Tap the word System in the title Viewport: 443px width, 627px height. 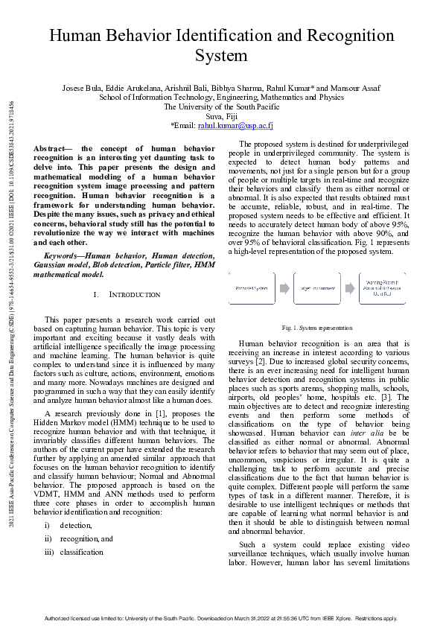click(x=221, y=56)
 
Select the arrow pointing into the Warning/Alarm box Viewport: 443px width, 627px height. click(x=352, y=287)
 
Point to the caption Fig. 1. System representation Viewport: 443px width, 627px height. click(x=317, y=328)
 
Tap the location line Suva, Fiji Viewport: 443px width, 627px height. click(x=221, y=117)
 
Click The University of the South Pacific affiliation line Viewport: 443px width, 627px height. click(x=221, y=107)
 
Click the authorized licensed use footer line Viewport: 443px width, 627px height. click(x=221, y=618)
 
